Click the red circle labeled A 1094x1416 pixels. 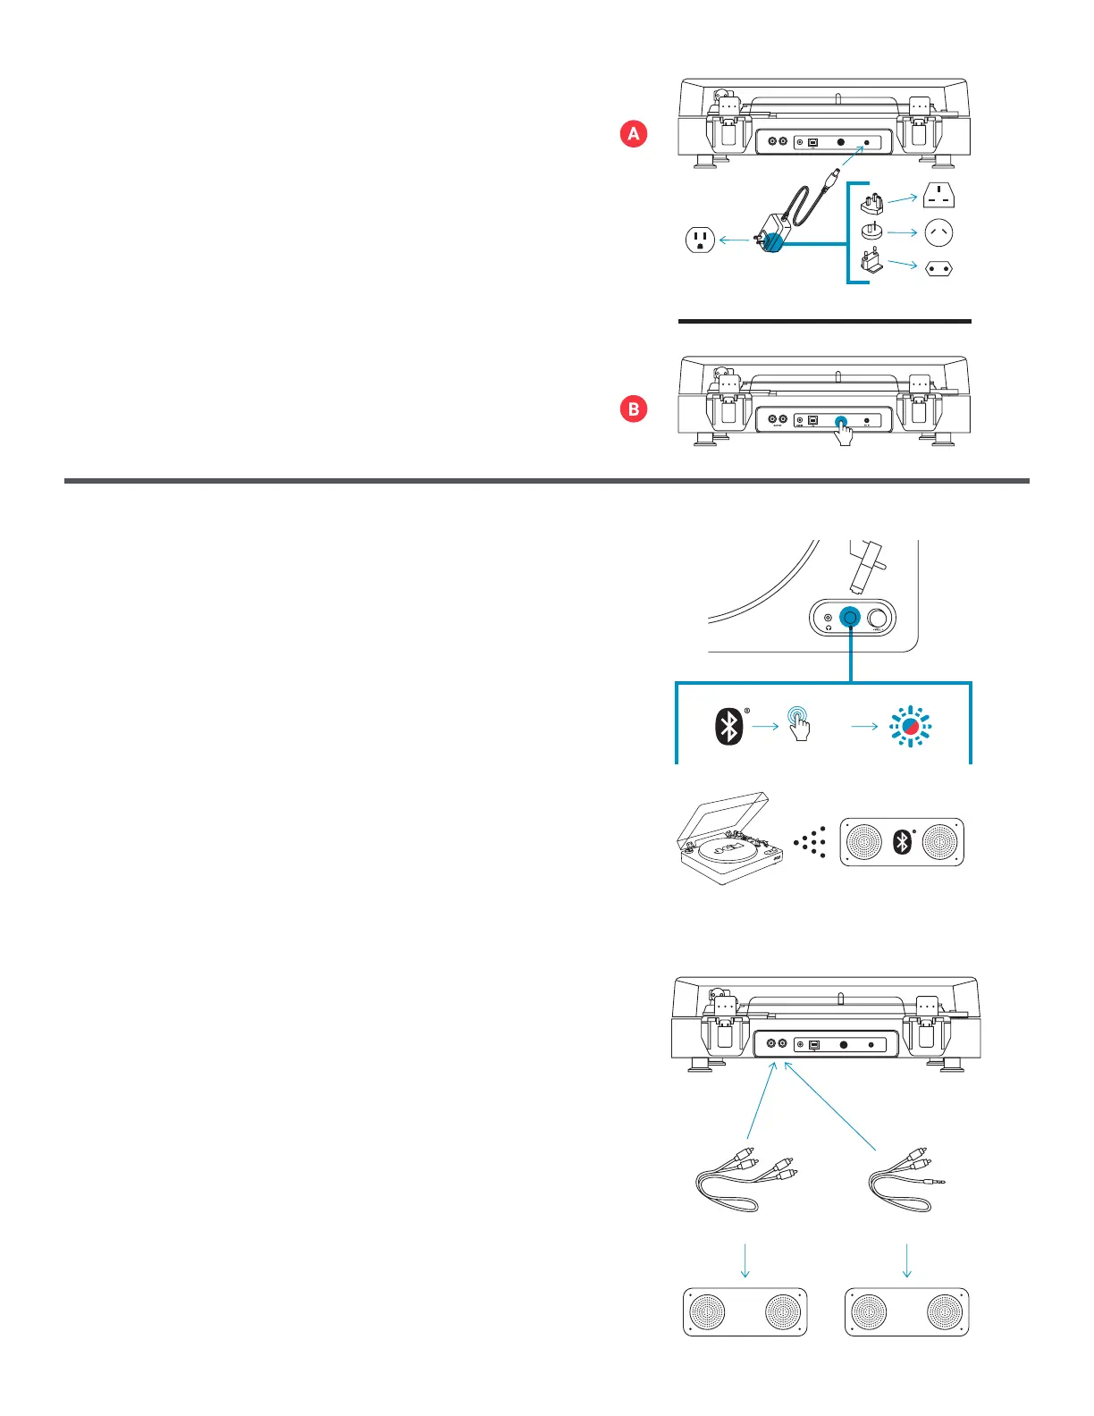tap(634, 134)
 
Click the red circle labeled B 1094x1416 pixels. tap(634, 409)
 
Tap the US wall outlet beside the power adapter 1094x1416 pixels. tap(700, 240)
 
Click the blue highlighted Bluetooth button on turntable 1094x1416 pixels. tap(850, 617)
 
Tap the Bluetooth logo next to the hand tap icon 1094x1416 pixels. tap(729, 726)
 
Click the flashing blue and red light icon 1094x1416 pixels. tap(910, 727)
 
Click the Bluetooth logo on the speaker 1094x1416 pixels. tap(903, 841)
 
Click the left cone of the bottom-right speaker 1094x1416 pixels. tap(869, 1311)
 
